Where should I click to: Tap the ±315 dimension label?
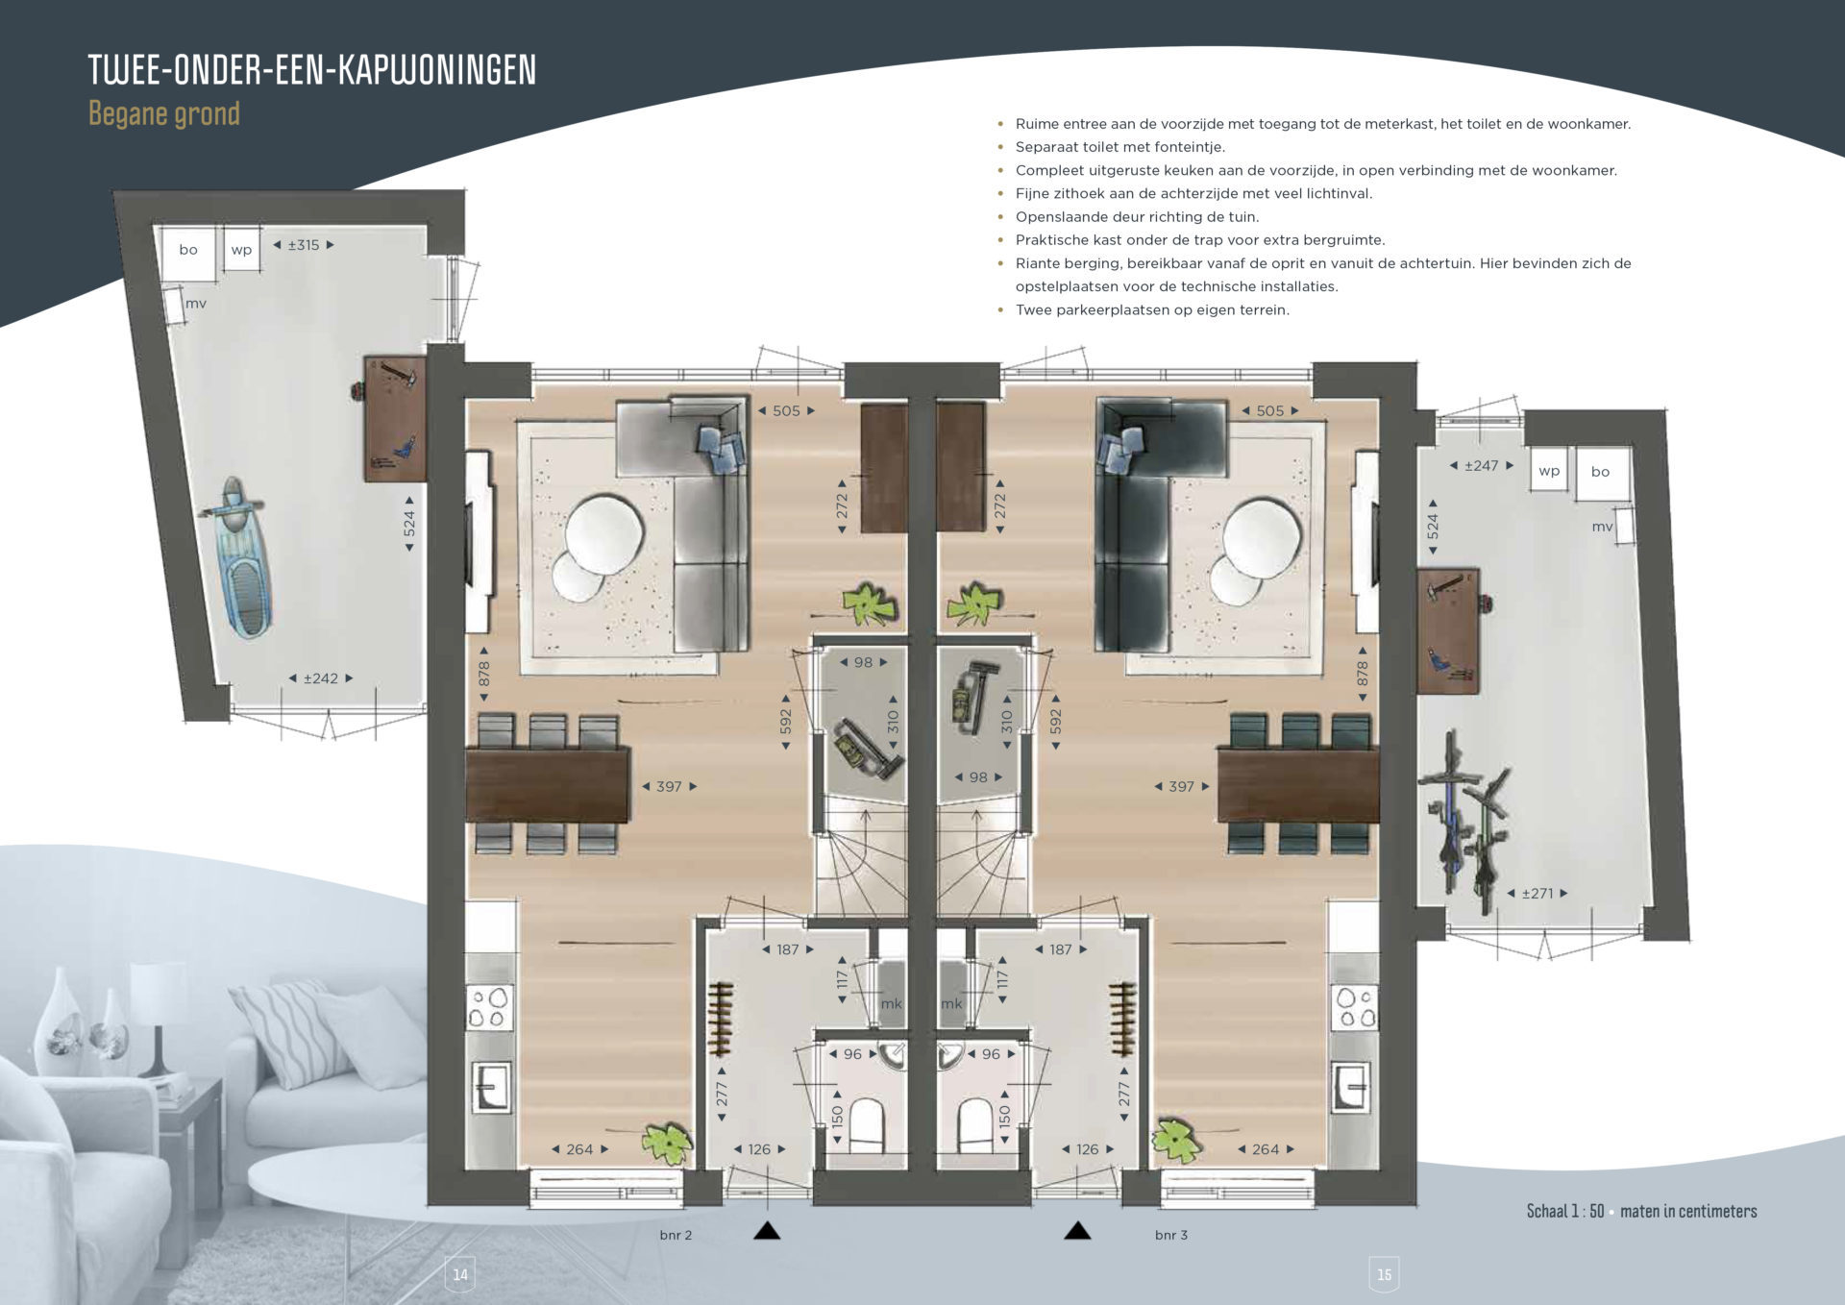point(304,245)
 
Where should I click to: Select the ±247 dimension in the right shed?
point(1481,465)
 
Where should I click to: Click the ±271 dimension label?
point(1537,893)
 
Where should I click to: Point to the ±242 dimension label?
point(321,678)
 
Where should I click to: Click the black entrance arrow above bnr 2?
point(767,1230)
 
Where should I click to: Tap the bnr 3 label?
point(1171,1235)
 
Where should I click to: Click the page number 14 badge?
point(460,1273)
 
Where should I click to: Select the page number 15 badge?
point(1384,1273)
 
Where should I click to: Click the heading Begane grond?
point(164,113)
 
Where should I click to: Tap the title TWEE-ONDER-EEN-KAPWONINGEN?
point(312,69)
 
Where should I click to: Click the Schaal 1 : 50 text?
point(1565,1211)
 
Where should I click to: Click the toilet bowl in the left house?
point(868,1124)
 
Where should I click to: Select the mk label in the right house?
point(951,1003)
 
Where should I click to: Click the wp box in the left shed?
point(241,249)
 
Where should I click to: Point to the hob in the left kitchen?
point(488,1007)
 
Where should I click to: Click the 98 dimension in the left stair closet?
point(863,662)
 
